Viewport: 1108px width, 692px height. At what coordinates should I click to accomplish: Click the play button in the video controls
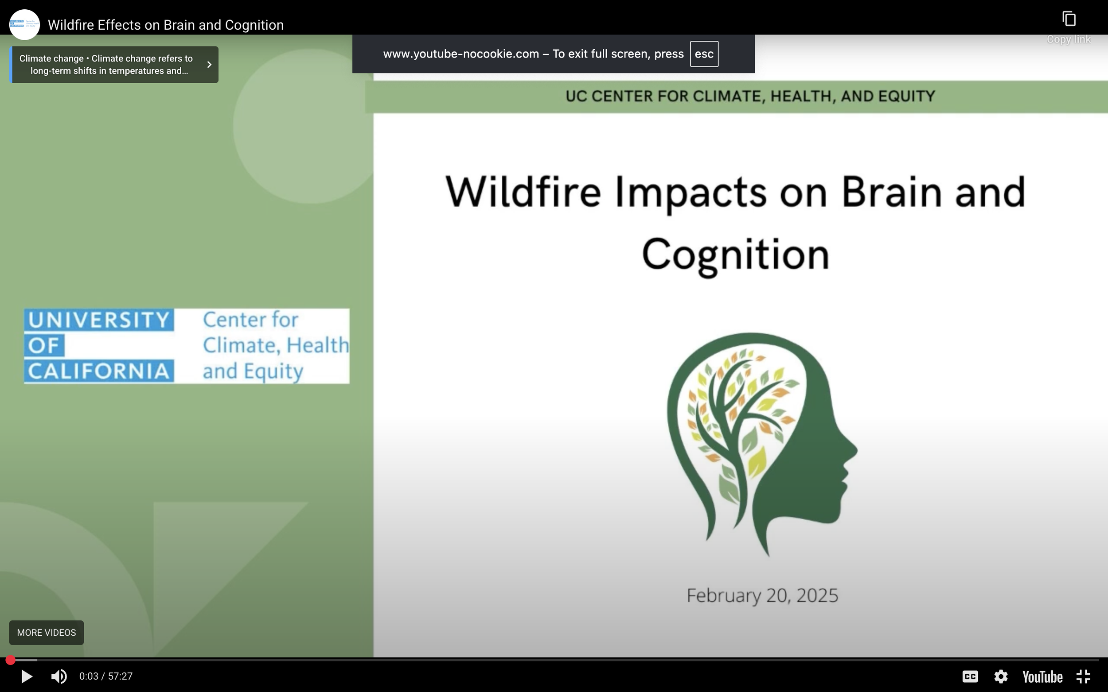[27, 677]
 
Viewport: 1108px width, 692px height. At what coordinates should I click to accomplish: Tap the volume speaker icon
[59, 677]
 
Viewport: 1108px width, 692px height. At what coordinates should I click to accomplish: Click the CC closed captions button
[970, 677]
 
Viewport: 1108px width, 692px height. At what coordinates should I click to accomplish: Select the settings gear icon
[1001, 677]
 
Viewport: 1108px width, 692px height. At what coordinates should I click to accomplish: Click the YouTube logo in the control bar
[1042, 677]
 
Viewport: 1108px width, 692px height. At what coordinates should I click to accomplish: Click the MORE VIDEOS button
[46, 633]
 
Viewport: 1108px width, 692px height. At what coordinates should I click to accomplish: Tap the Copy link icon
[1069, 19]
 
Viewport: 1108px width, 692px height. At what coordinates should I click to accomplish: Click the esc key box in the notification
[704, 54]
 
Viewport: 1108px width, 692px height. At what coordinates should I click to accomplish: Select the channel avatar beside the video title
[24, 24]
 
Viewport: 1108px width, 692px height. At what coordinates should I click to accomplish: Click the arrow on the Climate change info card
[209, 65]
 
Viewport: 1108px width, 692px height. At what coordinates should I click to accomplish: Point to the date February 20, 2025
[762, 595]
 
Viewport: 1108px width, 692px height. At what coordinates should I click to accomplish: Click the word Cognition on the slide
[736, 255]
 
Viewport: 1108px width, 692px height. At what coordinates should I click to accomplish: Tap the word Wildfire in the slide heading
[523, 192]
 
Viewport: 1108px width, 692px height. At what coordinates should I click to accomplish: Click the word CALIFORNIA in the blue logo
[99, 371]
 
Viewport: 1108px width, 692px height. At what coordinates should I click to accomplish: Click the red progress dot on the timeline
[11, 660]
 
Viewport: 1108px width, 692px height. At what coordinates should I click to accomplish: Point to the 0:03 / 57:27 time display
[106, 677]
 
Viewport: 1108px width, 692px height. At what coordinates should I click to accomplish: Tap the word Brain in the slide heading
[890, 192]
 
